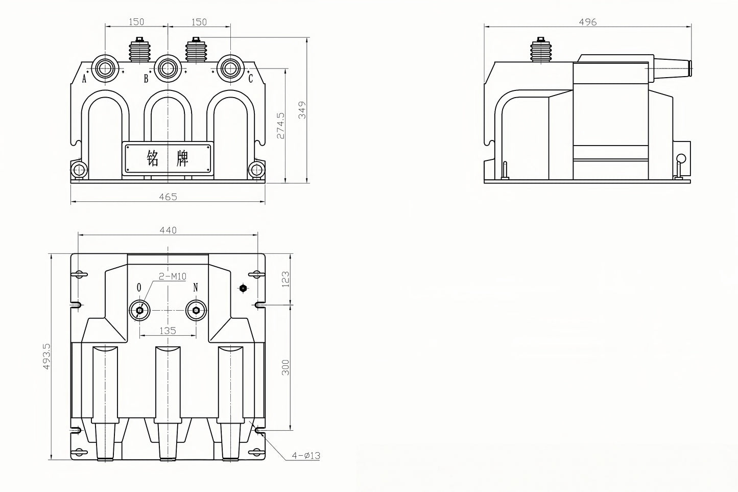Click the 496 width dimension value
pos(587,22)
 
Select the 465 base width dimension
pos(168,197)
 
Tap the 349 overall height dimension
pos(302,110)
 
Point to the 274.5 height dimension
pos(280,126)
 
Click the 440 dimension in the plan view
pos(168,230)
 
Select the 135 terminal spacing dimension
pos(168,331)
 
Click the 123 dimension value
pos(285,279)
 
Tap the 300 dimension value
pos(285,367)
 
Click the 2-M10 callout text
pos(173,276)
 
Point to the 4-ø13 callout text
pos(306,455)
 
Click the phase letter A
pos(84,79)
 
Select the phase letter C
pos(251,79)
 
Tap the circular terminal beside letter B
pos(168,68)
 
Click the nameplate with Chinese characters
pos(168,158)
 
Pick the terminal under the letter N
pos(196,311)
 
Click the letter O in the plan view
pos(139,288)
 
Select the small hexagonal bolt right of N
pos(243,288)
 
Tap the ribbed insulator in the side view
pos(541,51)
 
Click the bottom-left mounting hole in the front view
pos(79,170)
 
